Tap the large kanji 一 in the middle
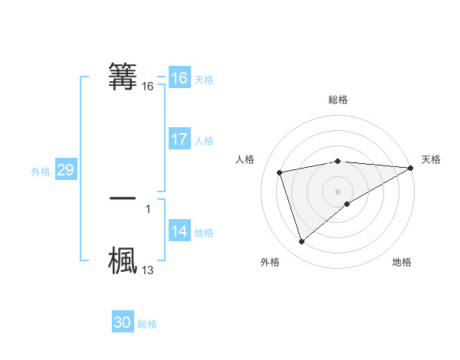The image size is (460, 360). [123, 198]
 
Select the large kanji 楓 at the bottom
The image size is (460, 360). [123, 260]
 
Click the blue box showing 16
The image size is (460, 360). [179, 78]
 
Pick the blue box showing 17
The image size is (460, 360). [179, 139]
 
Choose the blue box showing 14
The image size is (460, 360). [179, 231]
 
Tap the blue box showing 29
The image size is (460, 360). [66, 170]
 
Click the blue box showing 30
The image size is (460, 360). [123, 322]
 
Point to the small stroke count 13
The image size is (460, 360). [148, 270]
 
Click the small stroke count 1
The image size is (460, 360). [148, 209]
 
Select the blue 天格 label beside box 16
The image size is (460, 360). [204, 80]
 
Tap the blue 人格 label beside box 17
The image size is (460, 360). [204, 141]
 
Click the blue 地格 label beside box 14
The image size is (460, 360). [204, 233]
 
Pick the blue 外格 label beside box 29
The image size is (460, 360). [41, 172]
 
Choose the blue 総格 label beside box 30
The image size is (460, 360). [147, 324]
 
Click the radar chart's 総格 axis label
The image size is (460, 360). [338, 100]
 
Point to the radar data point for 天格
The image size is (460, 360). [411, 169]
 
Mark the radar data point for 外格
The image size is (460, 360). [301, 242]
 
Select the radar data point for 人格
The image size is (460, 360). [280, 172]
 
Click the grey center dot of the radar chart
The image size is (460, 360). [338, 191]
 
